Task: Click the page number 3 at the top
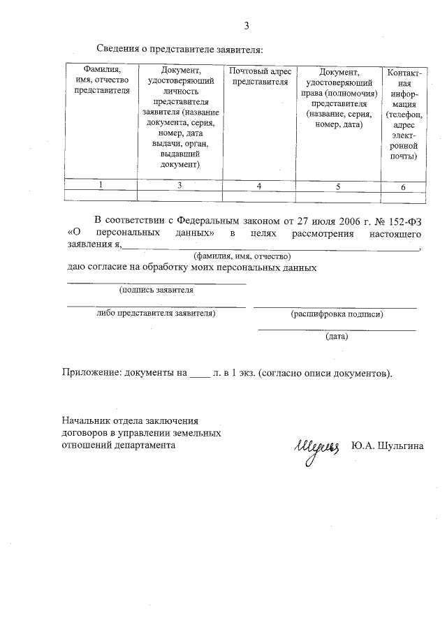pos(246,27)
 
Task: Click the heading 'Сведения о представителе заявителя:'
pos(179,50)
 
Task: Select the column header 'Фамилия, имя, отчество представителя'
pos(102,80)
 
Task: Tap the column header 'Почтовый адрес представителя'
pos(260,76)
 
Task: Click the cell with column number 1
pos(102,185)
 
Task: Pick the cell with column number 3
pos(180,185)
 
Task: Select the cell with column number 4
pos(259,186)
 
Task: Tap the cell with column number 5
pos(338,186)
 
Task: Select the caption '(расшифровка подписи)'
pos(337,314)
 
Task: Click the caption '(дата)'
pos(337,336)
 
